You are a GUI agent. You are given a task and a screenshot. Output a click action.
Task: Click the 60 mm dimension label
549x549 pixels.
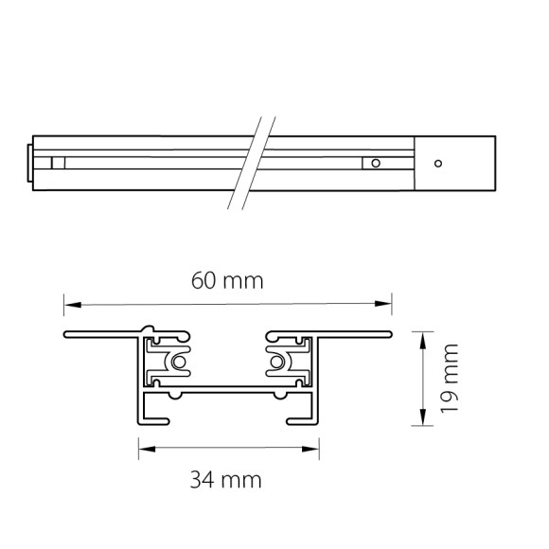(x=227, y=281)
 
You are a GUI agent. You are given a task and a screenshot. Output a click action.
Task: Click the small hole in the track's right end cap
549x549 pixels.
(x=437, y=163)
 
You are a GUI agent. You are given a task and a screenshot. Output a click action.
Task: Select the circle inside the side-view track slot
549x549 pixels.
(x=376, y=163)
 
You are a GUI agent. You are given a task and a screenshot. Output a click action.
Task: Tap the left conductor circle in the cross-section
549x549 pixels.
(x=176, y=363)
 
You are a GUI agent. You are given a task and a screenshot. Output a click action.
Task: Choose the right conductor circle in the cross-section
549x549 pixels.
(x=278, y=363)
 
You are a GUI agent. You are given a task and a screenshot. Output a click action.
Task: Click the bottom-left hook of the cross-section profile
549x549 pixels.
(x=151, y=416)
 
